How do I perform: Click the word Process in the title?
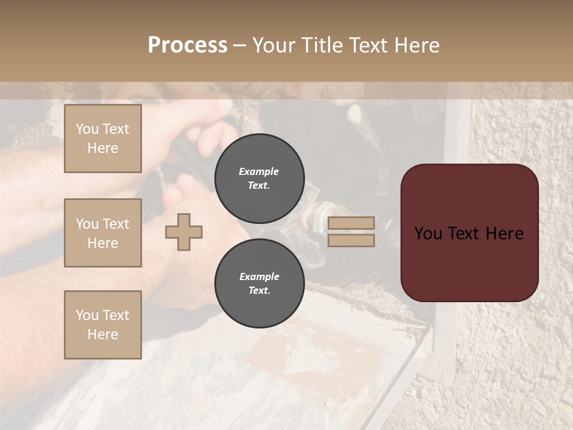point(187,45)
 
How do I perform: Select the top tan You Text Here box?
point(103,139)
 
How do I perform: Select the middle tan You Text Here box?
point(103,233)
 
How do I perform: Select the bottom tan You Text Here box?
point(103,325)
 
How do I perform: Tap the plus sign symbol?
point(184,232)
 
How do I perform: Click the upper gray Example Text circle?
point(260,178)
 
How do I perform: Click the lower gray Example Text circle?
point(260,283)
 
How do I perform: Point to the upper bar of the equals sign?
point(351,223)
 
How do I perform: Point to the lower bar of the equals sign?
point(351,240)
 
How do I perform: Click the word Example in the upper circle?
point(259,171)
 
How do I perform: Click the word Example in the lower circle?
point(259,277)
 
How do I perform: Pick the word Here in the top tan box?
point(103,148)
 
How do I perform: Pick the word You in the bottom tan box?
point(87,315)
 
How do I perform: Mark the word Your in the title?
point(273,45)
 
